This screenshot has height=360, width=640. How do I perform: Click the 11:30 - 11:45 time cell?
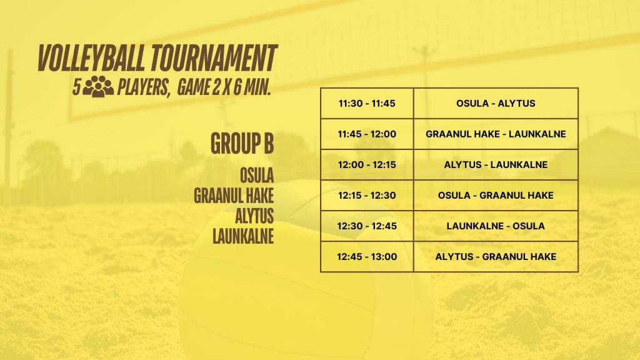point(367,103)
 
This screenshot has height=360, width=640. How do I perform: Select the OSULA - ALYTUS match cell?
point(496,103)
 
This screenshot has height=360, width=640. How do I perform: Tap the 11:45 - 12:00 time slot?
point(367,134)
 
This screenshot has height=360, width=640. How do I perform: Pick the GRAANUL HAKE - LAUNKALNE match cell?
point(496,134)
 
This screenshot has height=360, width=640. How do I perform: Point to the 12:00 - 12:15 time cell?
point(367,164)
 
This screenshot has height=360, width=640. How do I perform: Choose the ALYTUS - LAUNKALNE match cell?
point(496,164)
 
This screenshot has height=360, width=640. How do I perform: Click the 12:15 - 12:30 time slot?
point(367,195)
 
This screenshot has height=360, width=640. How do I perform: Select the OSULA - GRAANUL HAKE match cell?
point(496,195)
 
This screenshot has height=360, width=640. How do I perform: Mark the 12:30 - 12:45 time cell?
point(367,226)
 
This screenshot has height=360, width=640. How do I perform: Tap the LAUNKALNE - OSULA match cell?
point(496,226)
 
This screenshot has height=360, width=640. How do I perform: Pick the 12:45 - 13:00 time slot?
point(367,256)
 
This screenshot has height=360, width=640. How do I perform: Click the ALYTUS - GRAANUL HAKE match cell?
point(496,256)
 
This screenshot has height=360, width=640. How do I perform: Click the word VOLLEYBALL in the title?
point(91,58)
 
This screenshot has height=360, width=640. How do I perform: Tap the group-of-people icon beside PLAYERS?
point(98,86)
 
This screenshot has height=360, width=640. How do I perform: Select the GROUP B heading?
point(242,144)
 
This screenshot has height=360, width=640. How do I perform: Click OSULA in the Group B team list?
point(257,176)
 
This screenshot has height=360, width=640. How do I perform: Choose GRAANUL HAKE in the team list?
point(234,196)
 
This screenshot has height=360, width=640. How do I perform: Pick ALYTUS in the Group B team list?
point(254,216)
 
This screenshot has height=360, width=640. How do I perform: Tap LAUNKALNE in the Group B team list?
point(243,237)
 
